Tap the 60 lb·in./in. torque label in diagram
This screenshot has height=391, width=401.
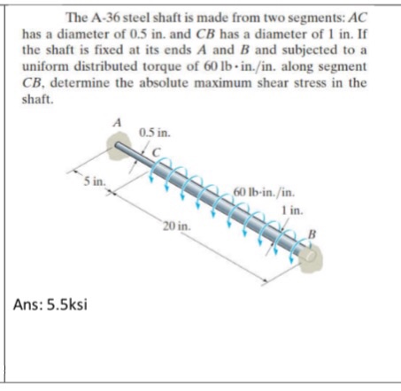pos(266,191)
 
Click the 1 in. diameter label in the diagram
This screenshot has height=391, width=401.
pos(295,209)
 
